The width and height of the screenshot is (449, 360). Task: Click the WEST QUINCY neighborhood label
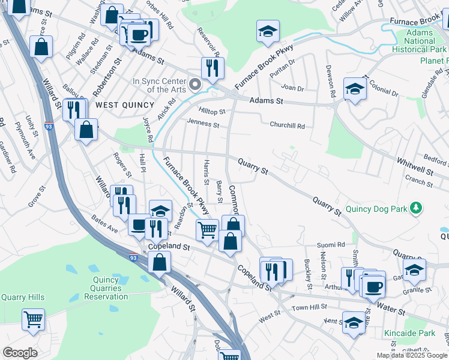tap(116, 105)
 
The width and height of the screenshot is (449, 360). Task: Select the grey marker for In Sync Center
tap(194, 85)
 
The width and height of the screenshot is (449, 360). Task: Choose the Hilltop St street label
tap(212, 112)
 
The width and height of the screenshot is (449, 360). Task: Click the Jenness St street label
tap(203, 123)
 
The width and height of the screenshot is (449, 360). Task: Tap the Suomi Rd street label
tap(332, 245)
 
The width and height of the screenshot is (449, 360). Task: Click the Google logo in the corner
tap(20, 353)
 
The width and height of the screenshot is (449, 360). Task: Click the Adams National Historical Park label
tap(420, 41)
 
